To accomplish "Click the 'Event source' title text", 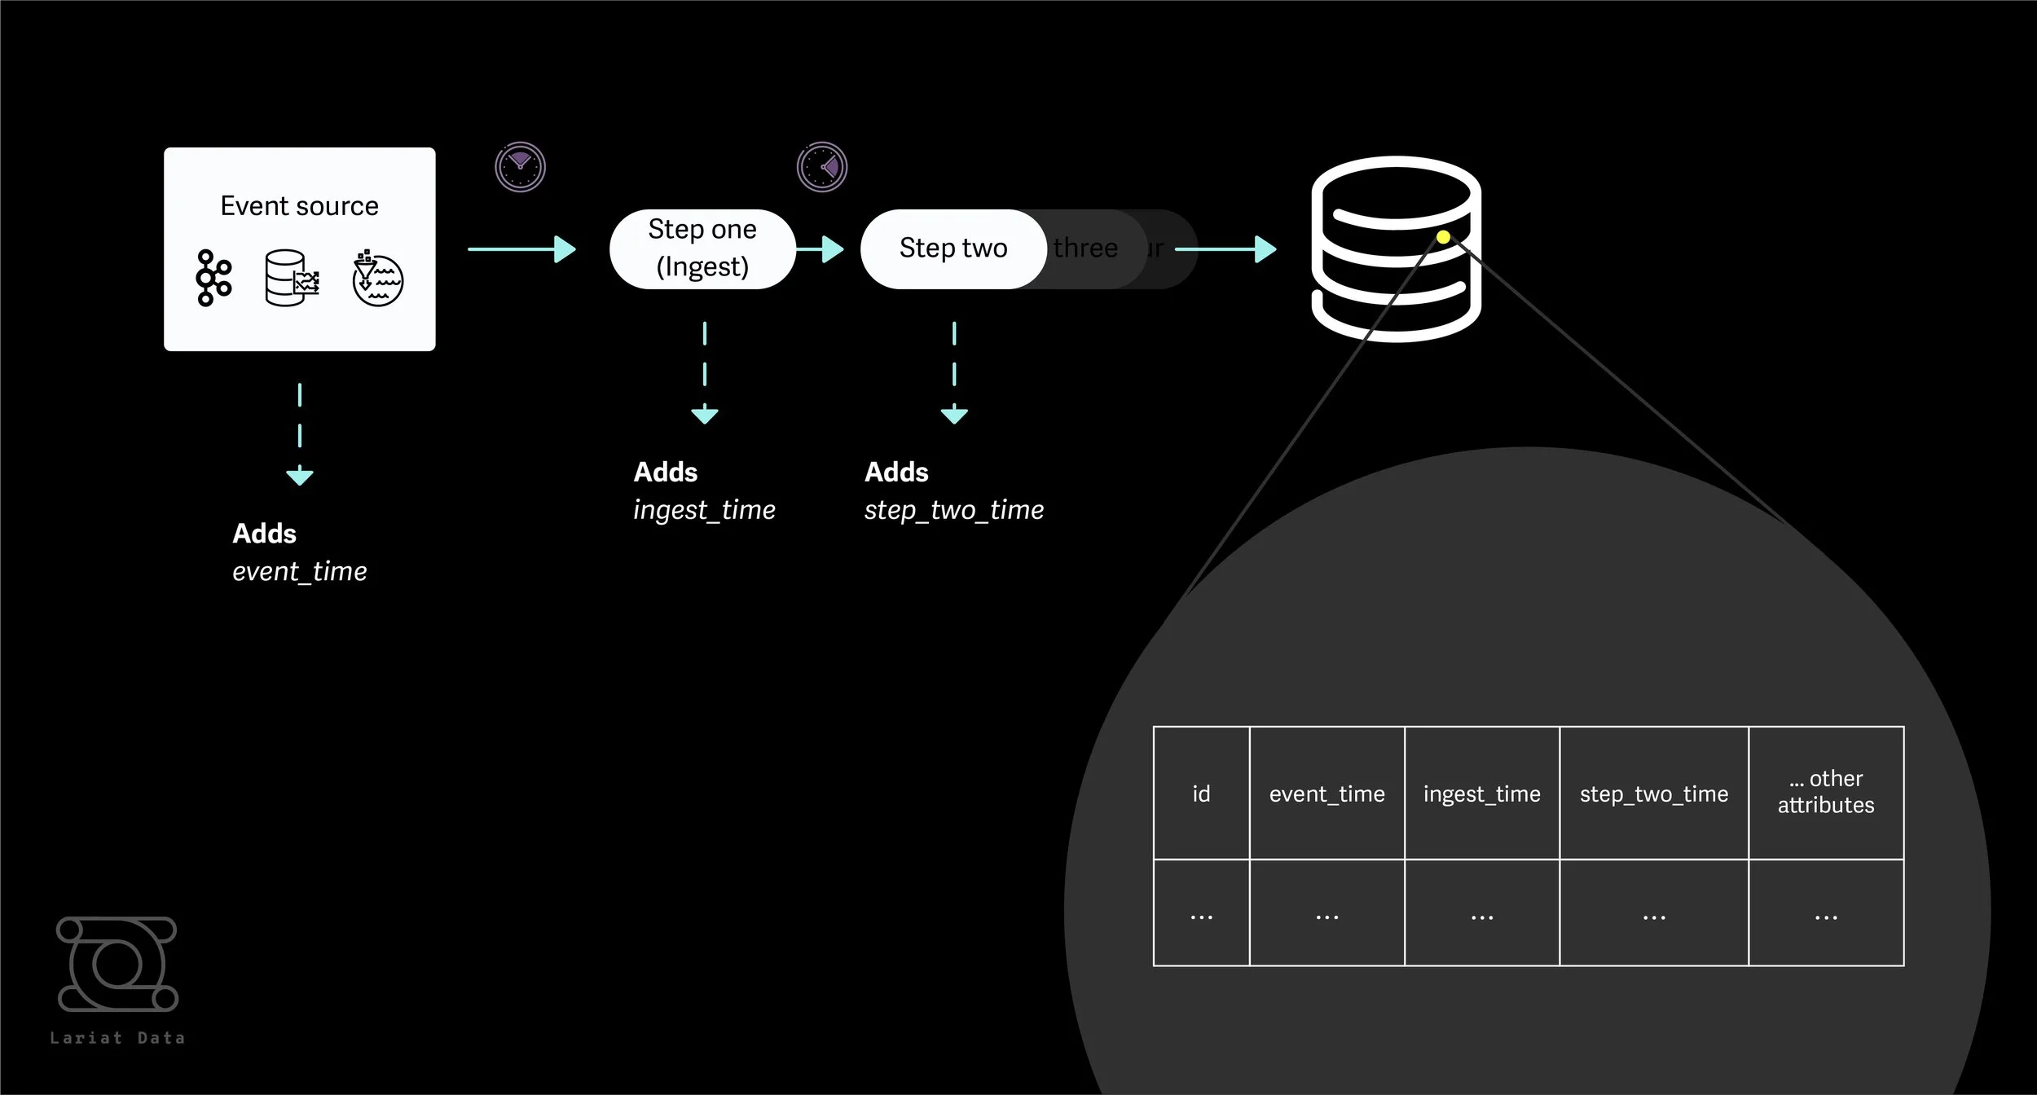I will point(299,206).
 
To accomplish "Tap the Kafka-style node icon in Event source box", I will point(213,279).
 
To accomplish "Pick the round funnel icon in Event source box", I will point(377,279).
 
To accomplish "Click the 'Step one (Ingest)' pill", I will point(702,248).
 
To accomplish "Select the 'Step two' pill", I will point(953,248).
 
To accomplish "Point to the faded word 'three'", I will point(1085,248).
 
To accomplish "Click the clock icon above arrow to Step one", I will point(520,167).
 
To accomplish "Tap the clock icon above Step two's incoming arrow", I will point(821,167).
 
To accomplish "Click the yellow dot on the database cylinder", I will point(1443,237).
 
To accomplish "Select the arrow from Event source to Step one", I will point(521,248).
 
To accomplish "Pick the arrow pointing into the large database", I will point(1225,248).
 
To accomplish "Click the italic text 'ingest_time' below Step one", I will point(704,510).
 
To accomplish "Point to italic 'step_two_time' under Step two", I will point(953,510).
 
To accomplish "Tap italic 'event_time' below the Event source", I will point(299,572).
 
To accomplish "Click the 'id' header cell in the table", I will point(1201,794).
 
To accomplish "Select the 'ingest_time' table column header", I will point(1481,794).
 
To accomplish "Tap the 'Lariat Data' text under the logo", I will point(117,1038).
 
